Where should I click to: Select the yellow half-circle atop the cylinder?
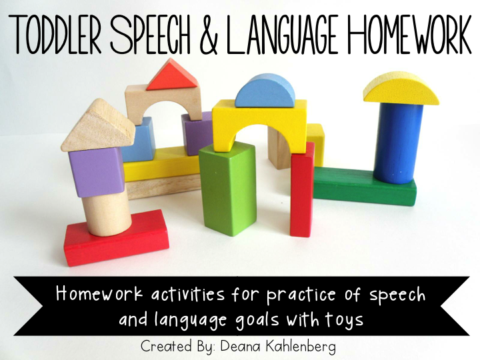tap(401, 89)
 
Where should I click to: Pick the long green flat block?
tap(363, 187)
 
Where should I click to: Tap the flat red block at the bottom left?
tap(117, 238)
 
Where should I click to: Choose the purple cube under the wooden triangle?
tap(97, 171)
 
